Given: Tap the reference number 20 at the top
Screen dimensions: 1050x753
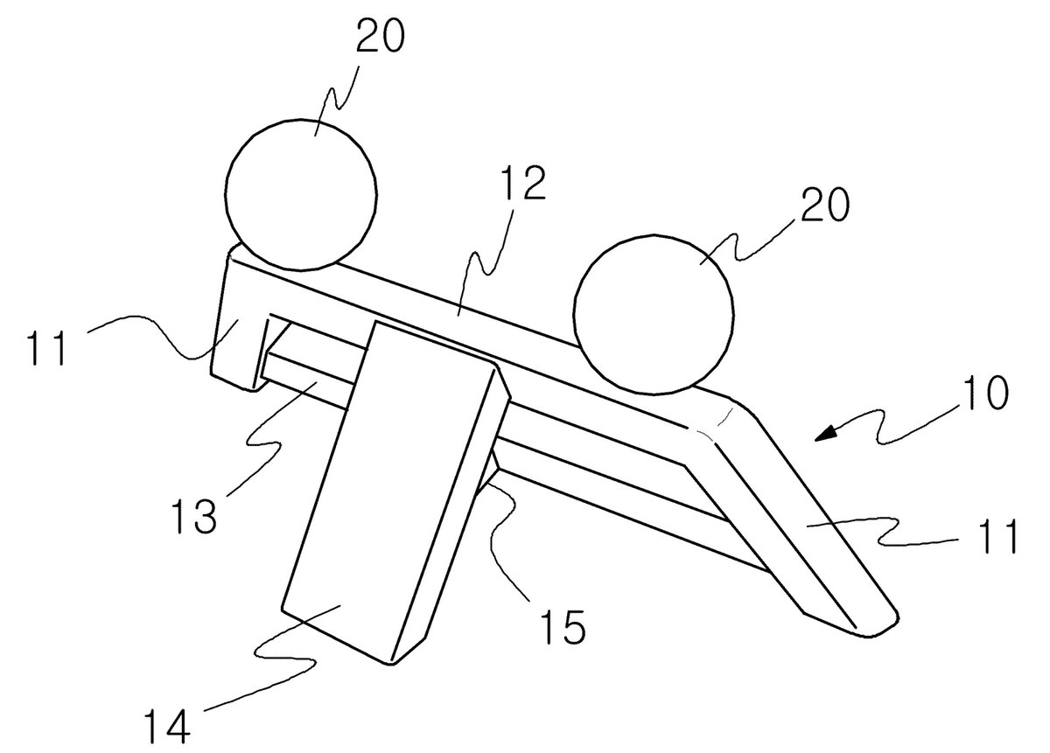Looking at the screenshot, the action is click(x=380, y=37).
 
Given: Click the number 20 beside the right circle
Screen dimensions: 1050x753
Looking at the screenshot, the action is click(x=824, y=205).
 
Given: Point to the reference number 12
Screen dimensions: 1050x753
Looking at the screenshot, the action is click(x=522, y=184).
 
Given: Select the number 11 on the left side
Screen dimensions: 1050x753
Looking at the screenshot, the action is click(x=47, y=348).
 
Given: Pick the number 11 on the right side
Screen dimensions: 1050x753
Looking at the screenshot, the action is click(x=996, y=536).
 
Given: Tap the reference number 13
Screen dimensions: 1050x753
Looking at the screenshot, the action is click(x=194, y=516).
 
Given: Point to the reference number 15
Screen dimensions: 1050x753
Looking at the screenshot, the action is click(x=563, y=626).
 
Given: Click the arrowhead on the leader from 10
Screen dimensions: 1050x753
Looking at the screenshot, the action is click(x=826, y=433).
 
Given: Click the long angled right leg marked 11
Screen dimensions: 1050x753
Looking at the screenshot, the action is click(x=797, y=520).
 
